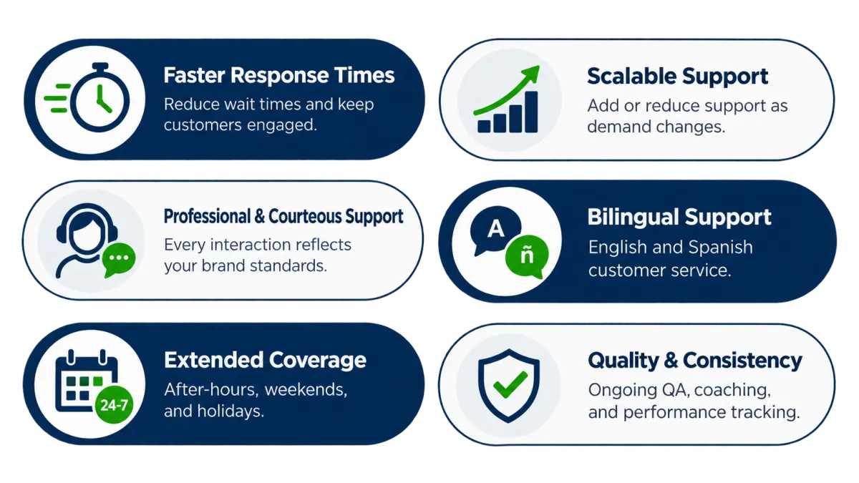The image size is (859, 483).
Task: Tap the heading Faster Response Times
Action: click(279, 75)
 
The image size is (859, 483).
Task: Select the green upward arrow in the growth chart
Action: click(507, 90)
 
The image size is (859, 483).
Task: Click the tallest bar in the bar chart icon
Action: click(531, 112)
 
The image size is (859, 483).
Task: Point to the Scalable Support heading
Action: click(678, 77)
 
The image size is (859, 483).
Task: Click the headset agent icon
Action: click(87, 240)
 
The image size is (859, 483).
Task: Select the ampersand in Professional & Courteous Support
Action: click(260, 217)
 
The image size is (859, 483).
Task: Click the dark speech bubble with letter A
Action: click(495, 230)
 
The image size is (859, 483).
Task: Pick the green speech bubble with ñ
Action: click(528, 256)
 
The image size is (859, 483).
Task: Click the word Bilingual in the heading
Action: click(633, 218)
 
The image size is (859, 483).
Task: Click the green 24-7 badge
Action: click(114, 405)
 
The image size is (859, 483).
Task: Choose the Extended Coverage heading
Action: click(265, 360)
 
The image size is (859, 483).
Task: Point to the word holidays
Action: click(230, 411)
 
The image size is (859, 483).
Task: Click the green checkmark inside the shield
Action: click(510, 384)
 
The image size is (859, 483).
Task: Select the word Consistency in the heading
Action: click(742, 361)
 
